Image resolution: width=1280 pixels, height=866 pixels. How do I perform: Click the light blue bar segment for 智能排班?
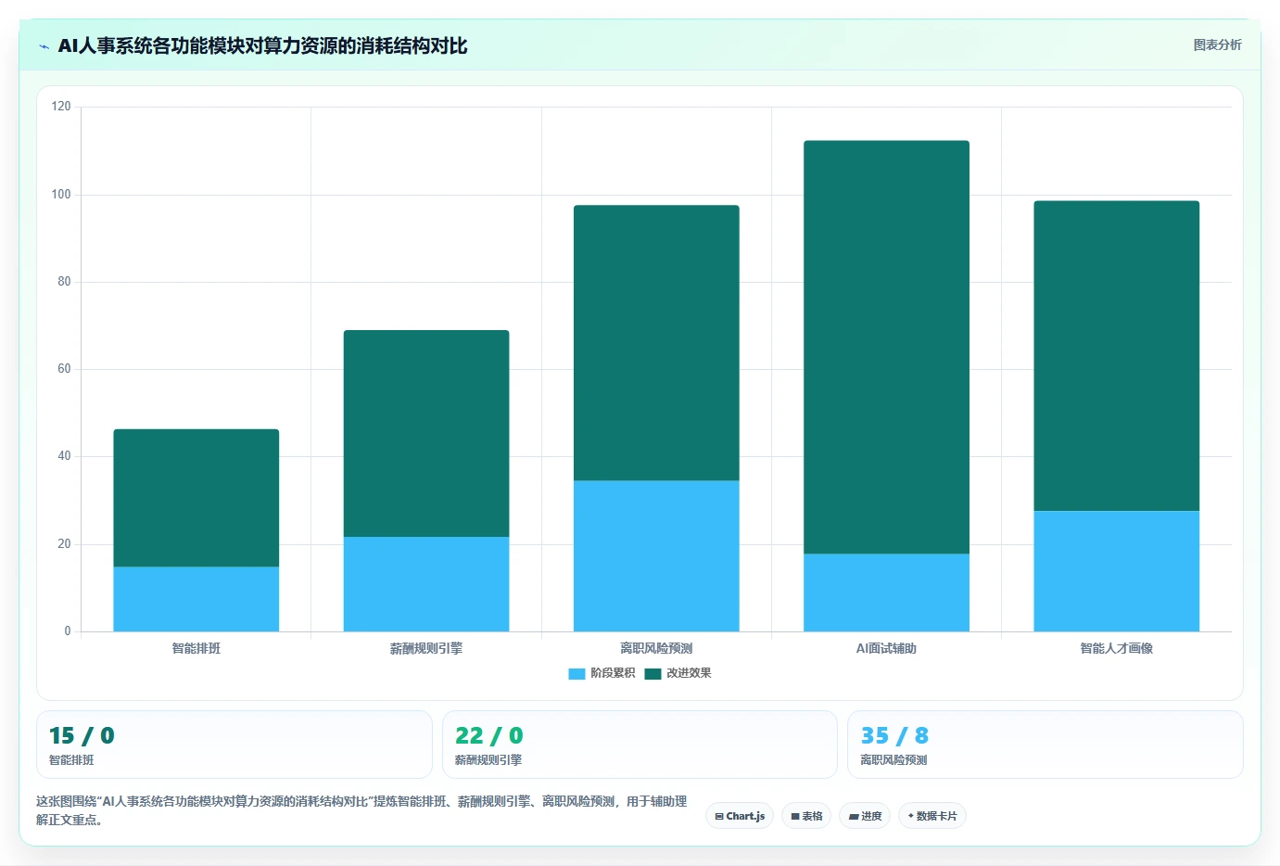(196, 599)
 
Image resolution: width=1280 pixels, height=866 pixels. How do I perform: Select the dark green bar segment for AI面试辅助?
(886, 347)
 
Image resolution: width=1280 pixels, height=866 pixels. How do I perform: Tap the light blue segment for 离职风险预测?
(656, 555)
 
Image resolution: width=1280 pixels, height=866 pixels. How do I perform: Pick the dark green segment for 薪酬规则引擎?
(426, 433)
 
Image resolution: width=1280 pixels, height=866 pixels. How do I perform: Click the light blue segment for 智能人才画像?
(1117, 571)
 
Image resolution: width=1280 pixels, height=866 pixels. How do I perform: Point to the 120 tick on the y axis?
(61, 107)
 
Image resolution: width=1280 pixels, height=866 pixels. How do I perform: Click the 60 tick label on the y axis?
(64, 369)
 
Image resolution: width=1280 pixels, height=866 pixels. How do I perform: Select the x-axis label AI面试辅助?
(886, 648)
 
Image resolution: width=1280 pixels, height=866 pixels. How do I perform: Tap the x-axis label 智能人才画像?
(1117, 648)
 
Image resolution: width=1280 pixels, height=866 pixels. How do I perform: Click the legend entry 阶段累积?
(602, 673)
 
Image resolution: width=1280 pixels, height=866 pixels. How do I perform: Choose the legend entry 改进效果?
(678, 673)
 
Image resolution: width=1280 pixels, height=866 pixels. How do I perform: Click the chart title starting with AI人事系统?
(263, 45)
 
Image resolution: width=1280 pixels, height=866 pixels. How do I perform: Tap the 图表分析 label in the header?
(1217, 45)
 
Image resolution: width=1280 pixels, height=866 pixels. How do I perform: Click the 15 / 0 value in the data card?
(82, 735)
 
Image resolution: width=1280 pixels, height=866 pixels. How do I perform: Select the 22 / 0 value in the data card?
(488, 735)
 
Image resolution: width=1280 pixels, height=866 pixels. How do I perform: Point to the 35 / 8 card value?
(894, 735)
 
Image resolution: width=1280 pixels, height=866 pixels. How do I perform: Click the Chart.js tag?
(740, 816)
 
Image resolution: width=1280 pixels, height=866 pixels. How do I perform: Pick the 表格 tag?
(806, 816)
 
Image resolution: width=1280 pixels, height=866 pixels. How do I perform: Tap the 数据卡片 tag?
(932, 816)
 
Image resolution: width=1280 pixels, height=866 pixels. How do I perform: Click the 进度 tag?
(865, 816)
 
